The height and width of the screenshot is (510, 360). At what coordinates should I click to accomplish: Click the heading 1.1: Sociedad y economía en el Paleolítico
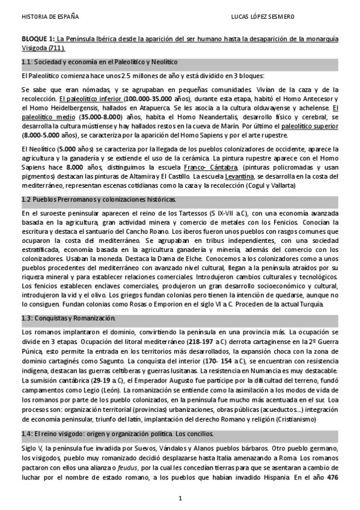tap(99, 62)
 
